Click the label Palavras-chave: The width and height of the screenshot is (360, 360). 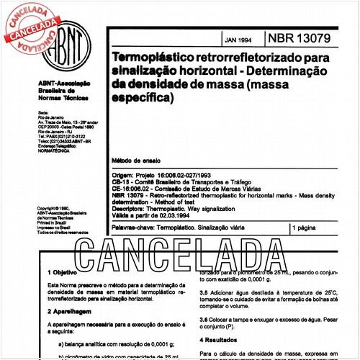click(133, 228)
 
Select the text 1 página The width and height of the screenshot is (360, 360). click(308, 228)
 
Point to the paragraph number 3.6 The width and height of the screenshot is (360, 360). click(204, 319)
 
